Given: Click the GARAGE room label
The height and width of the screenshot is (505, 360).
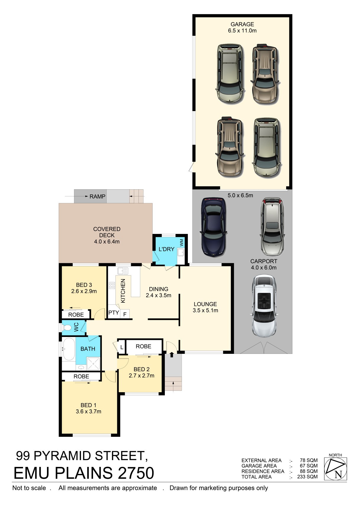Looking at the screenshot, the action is pos(242,24).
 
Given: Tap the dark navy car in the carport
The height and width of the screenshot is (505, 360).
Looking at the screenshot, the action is pos(213,227).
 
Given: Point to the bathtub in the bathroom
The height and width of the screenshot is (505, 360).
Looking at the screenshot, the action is pos(69,349).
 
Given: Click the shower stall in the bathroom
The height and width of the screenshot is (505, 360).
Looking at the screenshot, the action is pos(93,364).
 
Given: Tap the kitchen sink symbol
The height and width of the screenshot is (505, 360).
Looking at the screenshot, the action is pos(123,271).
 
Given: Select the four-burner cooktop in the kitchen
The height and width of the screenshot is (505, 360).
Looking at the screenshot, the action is pos(112,286).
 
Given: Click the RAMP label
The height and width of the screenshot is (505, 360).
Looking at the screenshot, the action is pos(97,196).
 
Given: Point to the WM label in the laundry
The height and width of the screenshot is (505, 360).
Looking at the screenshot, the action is pos(181,242).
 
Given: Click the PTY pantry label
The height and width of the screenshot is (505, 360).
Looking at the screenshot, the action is pos(114,312).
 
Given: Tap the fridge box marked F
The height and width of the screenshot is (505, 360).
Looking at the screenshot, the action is pos(125,314).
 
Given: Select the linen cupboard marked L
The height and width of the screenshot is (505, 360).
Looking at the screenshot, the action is pos(121,347).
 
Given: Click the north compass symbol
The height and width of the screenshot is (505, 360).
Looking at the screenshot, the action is pos(335,469).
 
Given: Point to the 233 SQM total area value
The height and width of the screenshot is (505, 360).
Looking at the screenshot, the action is pos(307,477).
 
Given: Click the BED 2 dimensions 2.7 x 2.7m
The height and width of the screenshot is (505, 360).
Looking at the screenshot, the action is pos(141,376).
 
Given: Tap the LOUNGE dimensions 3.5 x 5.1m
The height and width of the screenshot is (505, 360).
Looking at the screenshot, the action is pos(205,310).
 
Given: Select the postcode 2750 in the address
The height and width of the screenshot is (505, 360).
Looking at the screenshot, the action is pos(136,473).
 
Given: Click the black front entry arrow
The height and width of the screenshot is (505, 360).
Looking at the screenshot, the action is pos(172,355).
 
